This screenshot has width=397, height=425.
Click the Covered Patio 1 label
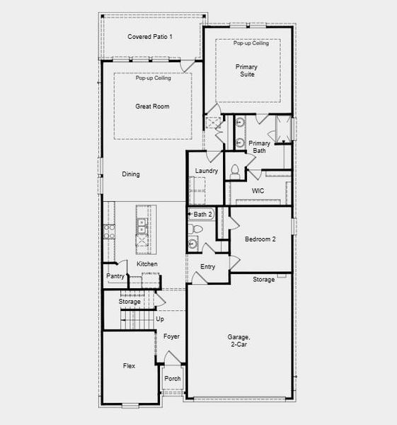(150, 36)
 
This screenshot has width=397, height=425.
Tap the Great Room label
(152, 106)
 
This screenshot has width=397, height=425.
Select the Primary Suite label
(247, 71)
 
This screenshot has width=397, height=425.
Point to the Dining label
(130, 174)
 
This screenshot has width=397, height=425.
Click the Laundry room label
(206, 171)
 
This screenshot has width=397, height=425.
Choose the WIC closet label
(258, 191)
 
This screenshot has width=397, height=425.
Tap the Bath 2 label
(202, 214)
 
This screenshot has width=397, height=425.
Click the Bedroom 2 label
(260, 239)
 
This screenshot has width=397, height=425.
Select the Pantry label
(115, 276)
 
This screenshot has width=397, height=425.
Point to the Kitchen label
(147, 264)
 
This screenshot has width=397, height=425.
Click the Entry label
(207, 266)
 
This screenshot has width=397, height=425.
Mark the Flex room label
(129, 365)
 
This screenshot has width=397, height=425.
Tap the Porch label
(173, 378)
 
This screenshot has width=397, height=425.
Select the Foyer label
(172, 337)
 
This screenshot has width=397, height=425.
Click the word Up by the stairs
(159, 319)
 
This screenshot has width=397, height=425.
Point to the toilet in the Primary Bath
(235, 170)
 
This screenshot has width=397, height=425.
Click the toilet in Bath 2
(197, 230)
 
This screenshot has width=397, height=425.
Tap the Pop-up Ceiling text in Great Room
(154, 78)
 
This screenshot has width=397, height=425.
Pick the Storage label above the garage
(264, 280)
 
